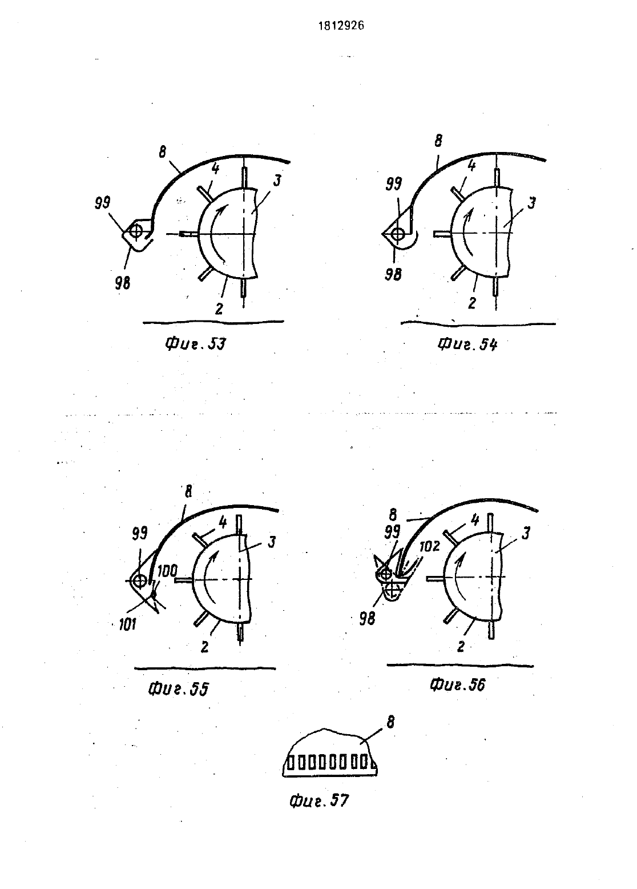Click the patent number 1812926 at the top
(x=341, y=26)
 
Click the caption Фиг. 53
(x=195, y=344)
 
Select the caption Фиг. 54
(x=467, y=344)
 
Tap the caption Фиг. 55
(x=178, y=690)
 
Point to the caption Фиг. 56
(x=457, y=684)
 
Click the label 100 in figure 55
(x=167, y=571)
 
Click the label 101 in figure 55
(x=127, y=625)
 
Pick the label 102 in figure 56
(x=430, y=547)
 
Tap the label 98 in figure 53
(x=123, y=283)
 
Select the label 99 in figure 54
(x=394, y=184)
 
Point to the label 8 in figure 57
(x=390, y=723)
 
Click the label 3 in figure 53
(x=277, y=181)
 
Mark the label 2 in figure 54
(x=471, y=303)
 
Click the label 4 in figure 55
(x=223, y=523)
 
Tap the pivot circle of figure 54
(x=398, y=234)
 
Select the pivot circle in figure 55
(x=139, y=581)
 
